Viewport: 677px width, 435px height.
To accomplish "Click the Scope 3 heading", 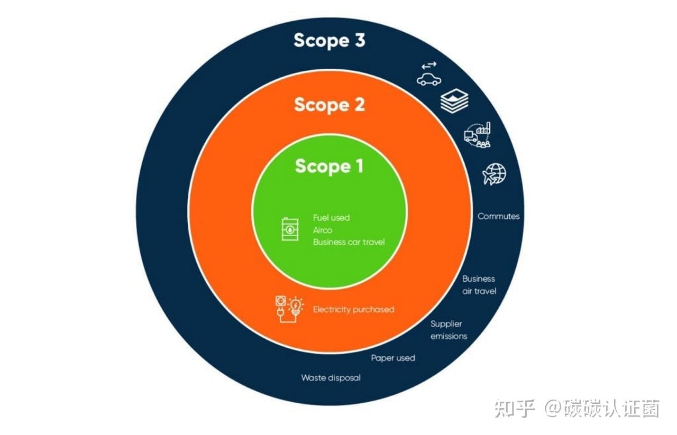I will coord(329,41).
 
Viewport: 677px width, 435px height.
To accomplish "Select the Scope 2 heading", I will coord(329,104).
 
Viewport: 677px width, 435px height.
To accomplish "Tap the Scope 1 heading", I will coord(329,166).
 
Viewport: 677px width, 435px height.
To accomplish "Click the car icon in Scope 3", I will coord(428,75).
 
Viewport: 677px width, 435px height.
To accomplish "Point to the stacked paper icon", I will coord(454,101).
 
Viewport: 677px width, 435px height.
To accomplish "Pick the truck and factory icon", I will coord(477,135).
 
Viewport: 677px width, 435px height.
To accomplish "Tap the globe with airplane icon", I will coord(495,174).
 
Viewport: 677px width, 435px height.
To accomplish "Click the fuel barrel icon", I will coord(290,229).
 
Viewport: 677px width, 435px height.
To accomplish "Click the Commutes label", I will coord(498,216).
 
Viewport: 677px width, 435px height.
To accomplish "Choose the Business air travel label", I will coord(479,285).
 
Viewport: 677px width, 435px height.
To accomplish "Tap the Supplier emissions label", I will coord(449,330).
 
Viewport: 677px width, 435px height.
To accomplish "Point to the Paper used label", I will coord(393,358).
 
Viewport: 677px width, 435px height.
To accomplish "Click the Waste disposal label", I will coord(331,378).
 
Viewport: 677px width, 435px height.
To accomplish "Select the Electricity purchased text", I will coord(353,309).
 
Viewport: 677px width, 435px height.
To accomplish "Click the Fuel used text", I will coord(331,218).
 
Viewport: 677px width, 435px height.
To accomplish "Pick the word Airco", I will coord(323,230).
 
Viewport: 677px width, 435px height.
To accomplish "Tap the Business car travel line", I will coord(349,242).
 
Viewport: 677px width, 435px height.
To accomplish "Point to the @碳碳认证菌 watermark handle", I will coord(602,409).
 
